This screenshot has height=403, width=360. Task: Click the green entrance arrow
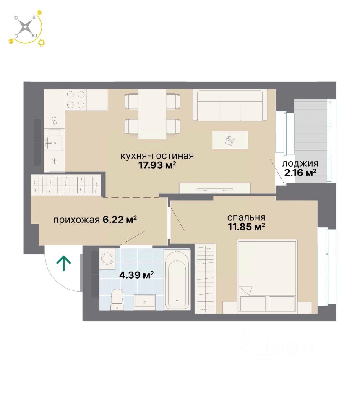64,263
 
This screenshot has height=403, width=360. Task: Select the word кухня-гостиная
157,156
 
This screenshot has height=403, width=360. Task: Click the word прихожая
76,220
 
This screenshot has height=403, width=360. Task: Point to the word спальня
246,218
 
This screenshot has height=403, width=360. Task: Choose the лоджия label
300,164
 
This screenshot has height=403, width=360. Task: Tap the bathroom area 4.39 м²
136,275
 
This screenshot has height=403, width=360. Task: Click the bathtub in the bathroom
177,280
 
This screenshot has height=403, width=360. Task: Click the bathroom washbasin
145,301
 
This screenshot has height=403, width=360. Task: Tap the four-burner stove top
76,100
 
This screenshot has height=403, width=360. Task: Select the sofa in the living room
230,105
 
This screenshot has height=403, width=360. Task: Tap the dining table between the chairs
152,114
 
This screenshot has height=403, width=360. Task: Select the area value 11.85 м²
246,227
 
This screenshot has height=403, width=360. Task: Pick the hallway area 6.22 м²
120,220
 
